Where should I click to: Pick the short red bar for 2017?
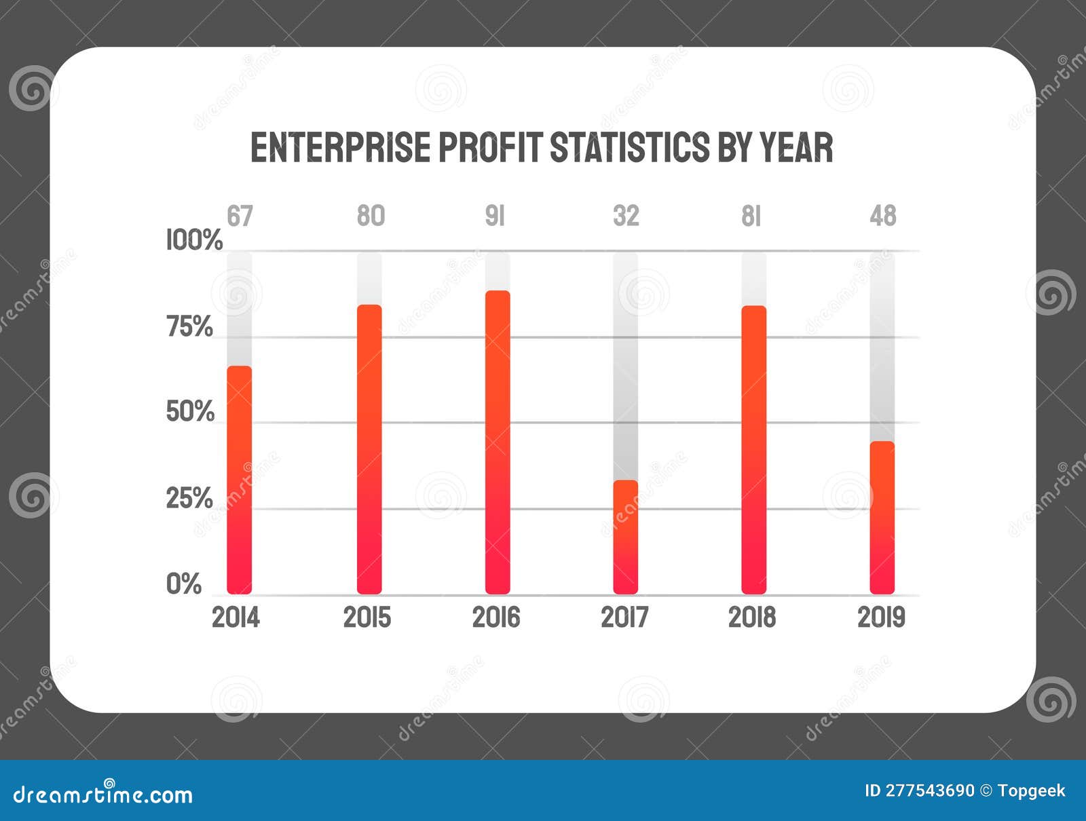[x=625, y=537]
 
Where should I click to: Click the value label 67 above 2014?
[x=240, y=216]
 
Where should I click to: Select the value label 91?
[x=495, y=216]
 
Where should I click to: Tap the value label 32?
[x=626, y=216]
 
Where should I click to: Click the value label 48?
[x=883, y=216]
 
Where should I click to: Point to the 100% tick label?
[x=194, y=240]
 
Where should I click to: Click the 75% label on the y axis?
[x=189, y=327]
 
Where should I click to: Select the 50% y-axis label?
[x=190, y=412]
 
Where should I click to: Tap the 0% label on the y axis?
[x=184, y=584]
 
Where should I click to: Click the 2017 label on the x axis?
[x=624, y=618]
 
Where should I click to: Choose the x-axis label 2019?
[x=881, y=618]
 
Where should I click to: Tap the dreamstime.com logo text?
[x=103, y=795]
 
